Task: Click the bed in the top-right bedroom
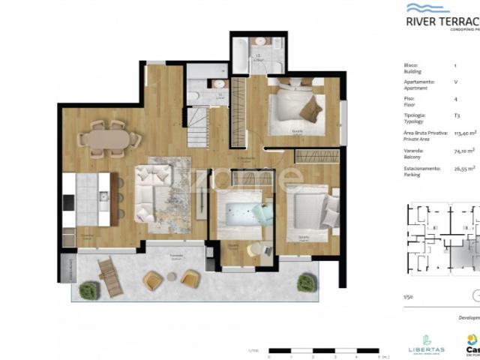(x=293, y=105)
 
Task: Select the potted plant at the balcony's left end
(x=88, y=289)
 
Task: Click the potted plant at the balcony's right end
(x=304, y=283)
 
